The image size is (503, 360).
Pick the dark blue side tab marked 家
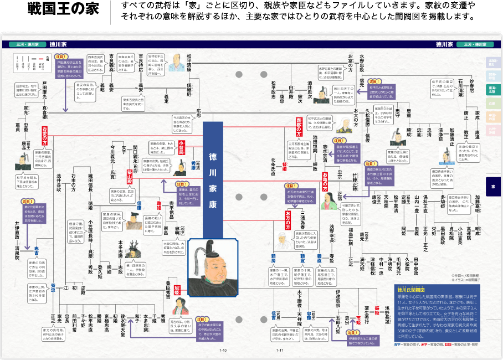pyautogui.click(x=493, y=187)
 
